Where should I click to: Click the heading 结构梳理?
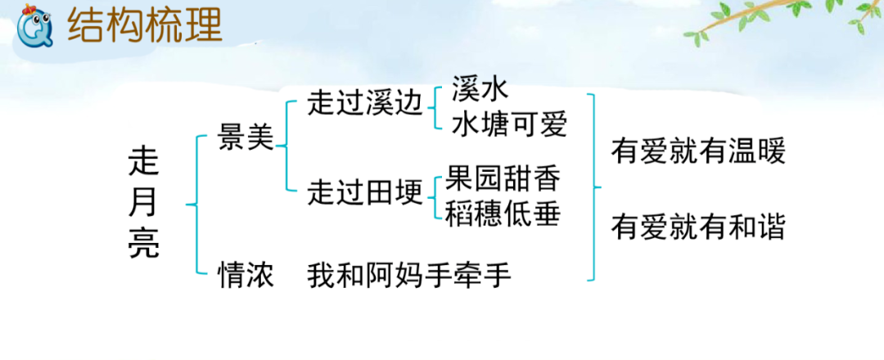145,26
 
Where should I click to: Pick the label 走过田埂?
365,193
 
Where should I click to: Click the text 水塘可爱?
508,125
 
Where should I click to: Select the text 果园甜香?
503,178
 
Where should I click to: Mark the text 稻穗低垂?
503,214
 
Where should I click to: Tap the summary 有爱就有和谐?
697,227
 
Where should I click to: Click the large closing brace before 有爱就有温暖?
595,187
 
